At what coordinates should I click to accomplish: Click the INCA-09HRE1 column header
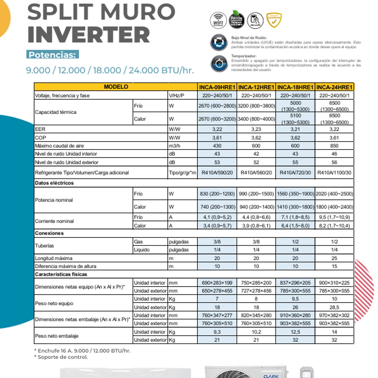(217, 87)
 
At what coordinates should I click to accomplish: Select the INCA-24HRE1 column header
(334, 87)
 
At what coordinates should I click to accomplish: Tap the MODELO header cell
(116, 87)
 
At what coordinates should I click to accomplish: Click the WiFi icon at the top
(218, 20)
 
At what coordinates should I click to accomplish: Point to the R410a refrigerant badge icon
(236, 20)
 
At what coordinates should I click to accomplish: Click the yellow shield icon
(274, 20)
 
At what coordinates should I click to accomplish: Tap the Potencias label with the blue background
(52, 55)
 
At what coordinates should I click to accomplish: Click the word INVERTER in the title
(89, 35)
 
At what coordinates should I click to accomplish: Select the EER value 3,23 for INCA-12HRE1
(256, 129)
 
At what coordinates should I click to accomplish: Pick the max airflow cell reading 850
(334, 146)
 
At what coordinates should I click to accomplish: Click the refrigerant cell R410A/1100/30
(334, 173)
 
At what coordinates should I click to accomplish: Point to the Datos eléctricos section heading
(54, 183)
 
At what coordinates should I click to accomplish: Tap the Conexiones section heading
(49, 233)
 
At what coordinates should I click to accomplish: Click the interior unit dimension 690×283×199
(217, 283)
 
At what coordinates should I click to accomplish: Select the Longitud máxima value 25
(334, 258)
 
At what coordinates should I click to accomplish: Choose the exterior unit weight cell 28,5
(334, 307)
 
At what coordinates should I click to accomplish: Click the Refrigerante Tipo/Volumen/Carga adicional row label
(82, 173)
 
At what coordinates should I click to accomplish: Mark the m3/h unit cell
(175, 146)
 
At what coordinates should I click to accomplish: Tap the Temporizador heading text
(244, 56)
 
